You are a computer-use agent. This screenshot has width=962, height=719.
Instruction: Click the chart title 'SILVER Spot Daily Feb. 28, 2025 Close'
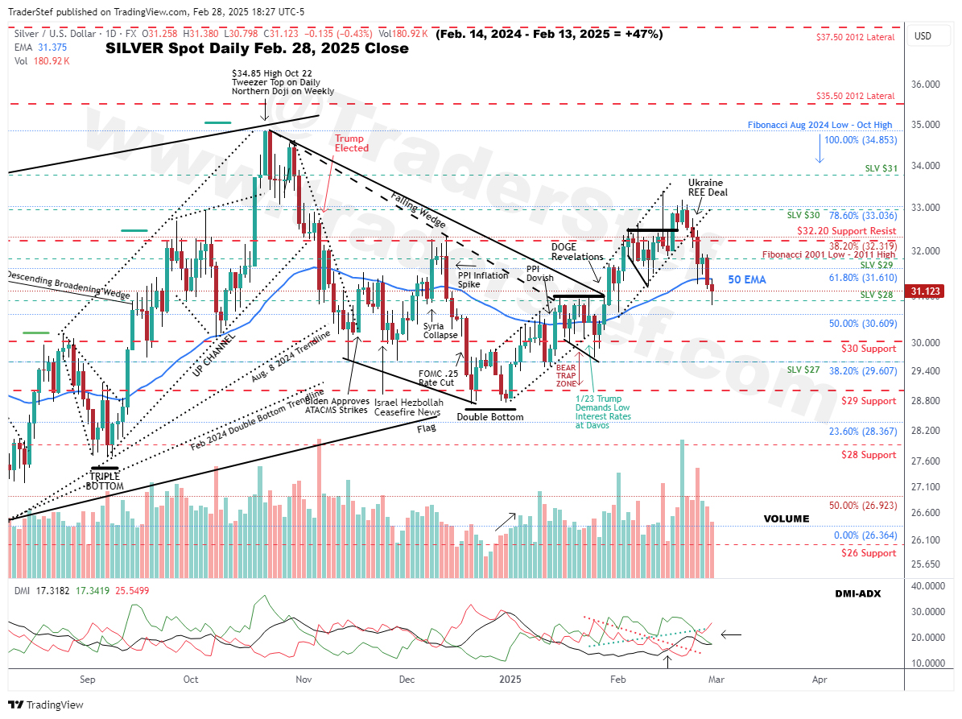pos(257,48)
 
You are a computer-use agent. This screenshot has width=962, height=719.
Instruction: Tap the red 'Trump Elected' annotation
pos(351,143)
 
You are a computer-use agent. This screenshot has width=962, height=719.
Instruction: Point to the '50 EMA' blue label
pos(747,279)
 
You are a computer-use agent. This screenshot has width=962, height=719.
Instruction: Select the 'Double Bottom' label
pos(490,416)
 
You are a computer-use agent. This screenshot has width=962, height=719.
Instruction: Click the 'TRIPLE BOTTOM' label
pos(105,481)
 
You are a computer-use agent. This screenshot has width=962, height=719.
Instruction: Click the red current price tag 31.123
pos(927,291)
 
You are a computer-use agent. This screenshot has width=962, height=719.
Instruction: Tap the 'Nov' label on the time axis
pos(303,680)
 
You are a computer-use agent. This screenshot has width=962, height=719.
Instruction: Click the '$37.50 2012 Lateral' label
pos(855,37)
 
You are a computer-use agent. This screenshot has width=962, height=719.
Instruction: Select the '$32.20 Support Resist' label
pos(847,229)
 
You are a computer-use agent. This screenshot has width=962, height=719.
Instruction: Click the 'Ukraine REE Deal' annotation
pos(705,188)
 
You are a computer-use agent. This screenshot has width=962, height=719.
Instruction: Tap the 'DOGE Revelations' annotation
pos(576,251)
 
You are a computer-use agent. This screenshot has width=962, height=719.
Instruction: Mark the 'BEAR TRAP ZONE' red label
pos(567,374)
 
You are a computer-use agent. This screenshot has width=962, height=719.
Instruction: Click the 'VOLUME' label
pos(787,519)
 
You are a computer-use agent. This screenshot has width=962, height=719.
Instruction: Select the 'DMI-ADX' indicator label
pos(858,593)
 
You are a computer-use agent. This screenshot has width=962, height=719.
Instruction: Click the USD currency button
pos(923,36)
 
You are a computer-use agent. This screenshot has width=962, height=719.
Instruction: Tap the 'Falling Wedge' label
pos(418,209)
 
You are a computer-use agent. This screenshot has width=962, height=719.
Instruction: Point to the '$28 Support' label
pos(868,455)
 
